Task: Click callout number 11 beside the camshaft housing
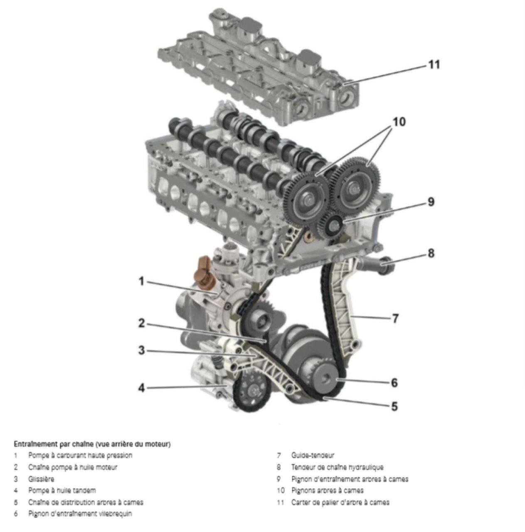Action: click(x=434, y=65)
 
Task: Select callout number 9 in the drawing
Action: click(x=431, y=202)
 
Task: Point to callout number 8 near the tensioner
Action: click(x=431, y=253)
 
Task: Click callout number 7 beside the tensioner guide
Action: click(x=395, y=318)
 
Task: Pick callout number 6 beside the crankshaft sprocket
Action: click(x=394, y=382)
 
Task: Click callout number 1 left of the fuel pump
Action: click(x=141, y=281)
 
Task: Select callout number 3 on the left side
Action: click(x=141, y=350)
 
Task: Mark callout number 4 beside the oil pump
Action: click(x=141, y=388)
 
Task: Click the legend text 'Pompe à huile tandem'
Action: click(x=62, y=490)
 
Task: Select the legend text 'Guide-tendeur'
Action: click(x=313, y=456)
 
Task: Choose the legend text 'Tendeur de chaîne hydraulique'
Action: click(x=337, y=467)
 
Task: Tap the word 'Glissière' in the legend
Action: click(x=41, y=479)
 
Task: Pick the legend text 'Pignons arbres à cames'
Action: click(x=328, y=490)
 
